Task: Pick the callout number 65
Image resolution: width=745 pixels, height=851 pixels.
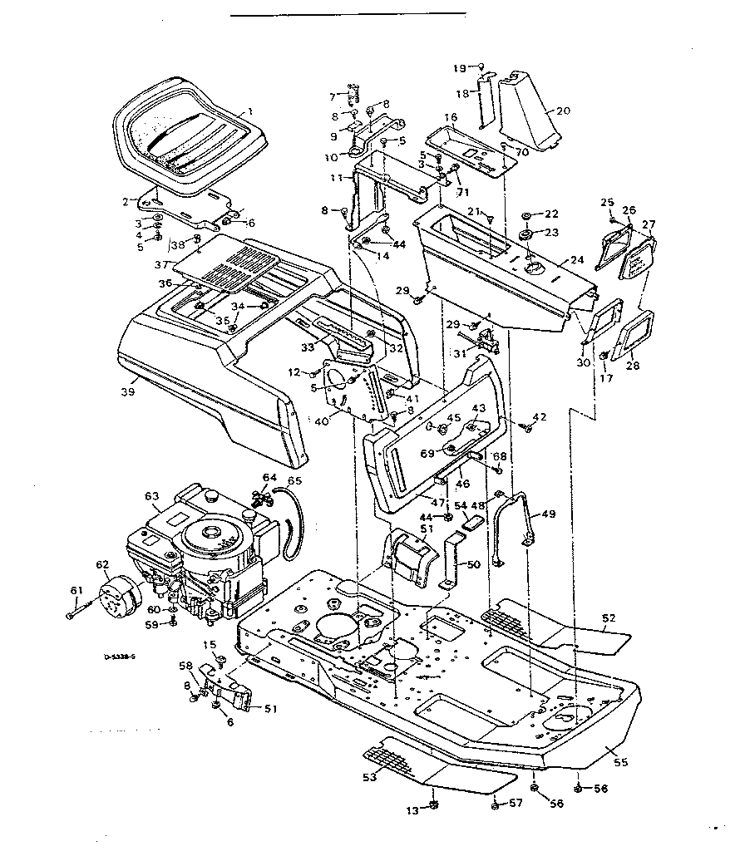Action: (294, 480)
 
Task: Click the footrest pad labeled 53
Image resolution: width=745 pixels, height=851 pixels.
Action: (432, 769)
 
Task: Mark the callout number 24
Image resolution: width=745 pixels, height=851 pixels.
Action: (576, 260)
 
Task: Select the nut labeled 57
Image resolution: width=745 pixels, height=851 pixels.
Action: (496, 804)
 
